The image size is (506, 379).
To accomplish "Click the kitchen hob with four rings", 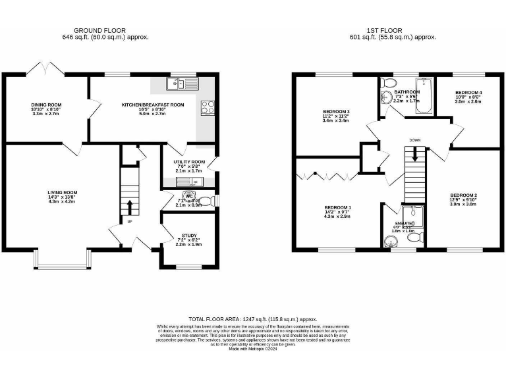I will click(x=208, y=107).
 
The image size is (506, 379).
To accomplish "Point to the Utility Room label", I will click(x=189, y=162).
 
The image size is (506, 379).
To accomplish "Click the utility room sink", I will click(x=184, y=182).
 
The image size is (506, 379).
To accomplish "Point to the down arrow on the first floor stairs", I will click(x=414, y=154).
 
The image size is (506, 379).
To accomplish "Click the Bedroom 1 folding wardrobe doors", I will click(x=323, y=176).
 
